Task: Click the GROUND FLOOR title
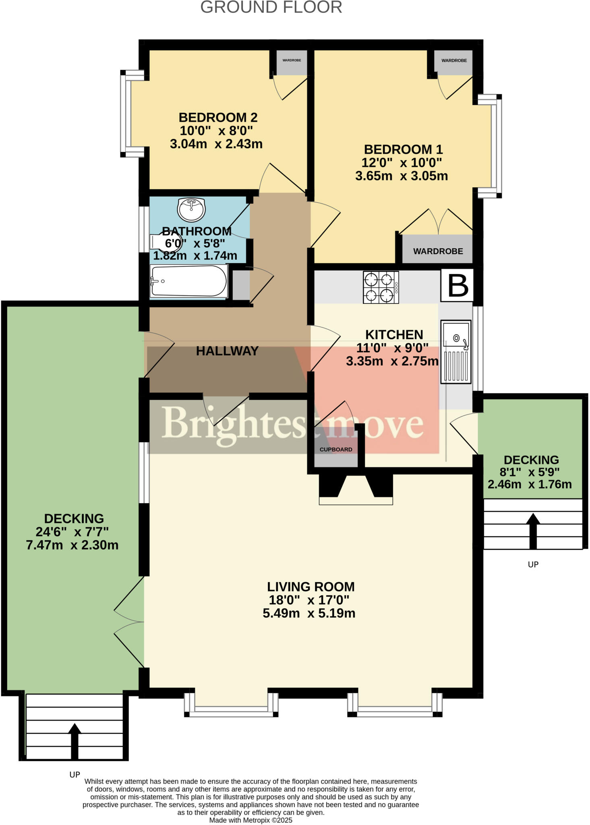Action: (x=271, y=7)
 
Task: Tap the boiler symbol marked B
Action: (x=458, y=286)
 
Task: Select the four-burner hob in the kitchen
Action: (x=381, y=287)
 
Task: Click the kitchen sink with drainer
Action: (x=456, y=352)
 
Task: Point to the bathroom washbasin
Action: (x=191, y=209)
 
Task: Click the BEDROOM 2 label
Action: (x=218, y=118)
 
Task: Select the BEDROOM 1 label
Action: (x=403, y=149)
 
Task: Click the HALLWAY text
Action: (x=227, y=351)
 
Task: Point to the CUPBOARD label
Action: (x=336, y=450)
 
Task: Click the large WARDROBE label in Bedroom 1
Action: (x=438, y=251)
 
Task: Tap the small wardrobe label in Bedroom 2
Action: (x=292, y=60)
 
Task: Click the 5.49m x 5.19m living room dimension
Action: (x=309, y=614)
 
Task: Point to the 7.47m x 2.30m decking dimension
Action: (x=72, y=545)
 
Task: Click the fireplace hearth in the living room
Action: (x=356, y=500)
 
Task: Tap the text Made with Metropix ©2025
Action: (x=250, y=820)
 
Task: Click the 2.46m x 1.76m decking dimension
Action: (x=530, y=485)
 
